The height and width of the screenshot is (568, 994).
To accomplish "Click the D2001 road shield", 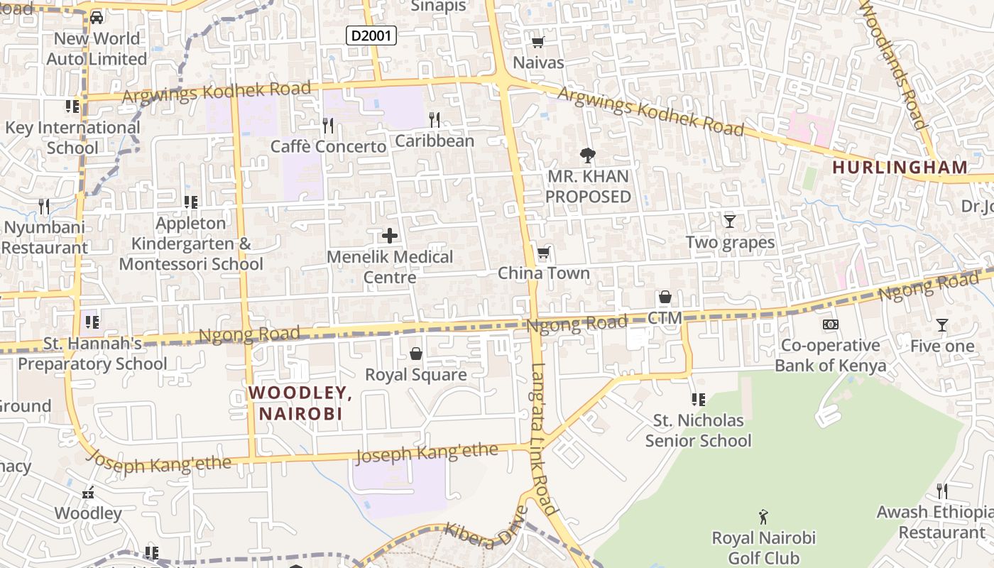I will click(x=371, y=35).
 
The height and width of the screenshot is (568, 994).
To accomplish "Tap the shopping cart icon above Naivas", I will click(x=538, y=42).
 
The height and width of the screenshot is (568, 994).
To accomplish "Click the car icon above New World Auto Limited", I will click(x=97, y=17).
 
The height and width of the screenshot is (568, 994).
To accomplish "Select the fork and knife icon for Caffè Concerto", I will click(x=328, y=126).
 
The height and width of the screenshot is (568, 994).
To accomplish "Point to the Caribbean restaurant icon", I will click(x=435, y=120).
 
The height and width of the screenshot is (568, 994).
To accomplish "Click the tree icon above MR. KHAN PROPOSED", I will click(x=587, y=155).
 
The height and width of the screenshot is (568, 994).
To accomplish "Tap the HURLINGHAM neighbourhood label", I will click(x=900, y=168).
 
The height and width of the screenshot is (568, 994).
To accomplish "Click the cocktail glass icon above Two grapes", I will click(x=730, y=222).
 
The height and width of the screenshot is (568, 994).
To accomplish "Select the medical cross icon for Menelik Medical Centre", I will click(x=389, y=236).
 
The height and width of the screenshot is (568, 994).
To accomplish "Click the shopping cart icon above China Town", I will click(x=544, y=253).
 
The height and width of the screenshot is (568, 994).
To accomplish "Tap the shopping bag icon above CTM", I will click(x=665, y=297).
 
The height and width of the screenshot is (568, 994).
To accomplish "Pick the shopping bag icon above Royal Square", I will click(x=416, y=354).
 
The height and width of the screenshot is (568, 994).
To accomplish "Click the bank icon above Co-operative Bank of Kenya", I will click(x=830, y=324).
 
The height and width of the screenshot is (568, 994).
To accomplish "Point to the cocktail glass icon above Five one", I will click(x=942, y=325).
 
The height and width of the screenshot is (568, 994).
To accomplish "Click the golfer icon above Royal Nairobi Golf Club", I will click(x=763, y=516).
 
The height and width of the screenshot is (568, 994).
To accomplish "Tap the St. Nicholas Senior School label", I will click(x=698, y=430).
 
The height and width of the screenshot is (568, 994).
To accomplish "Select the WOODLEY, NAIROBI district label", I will click(x=300, y=403).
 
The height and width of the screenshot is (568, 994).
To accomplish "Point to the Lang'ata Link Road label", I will click(x=543, y=440).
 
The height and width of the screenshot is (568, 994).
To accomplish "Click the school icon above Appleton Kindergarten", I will click(x=190, y=202).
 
